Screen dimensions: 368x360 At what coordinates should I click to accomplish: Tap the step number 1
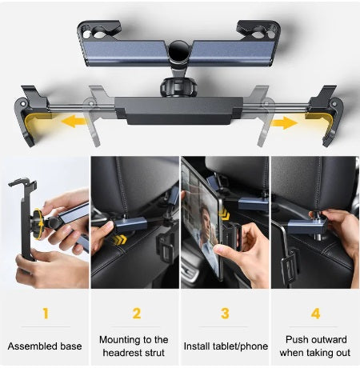point(45,314)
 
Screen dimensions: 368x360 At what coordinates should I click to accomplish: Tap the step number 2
point(135,314)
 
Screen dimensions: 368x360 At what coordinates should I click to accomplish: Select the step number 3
point(225,314)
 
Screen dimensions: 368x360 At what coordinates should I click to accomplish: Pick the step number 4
point(314,314)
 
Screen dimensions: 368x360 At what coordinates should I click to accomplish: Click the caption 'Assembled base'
point(45,346)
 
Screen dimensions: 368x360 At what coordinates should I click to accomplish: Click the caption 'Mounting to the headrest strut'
point(134,346)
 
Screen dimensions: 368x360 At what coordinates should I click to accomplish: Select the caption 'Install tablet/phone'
point(225,346)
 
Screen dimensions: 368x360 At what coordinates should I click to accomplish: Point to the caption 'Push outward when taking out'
point(314,346)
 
